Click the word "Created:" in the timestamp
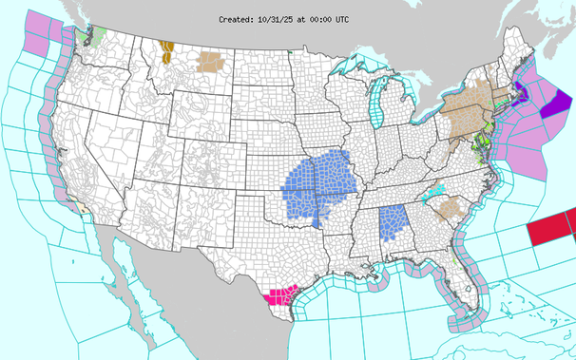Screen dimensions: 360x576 pyautogui.click(x=236, y=19)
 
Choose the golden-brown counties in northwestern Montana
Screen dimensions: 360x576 pyautogui.click(x=168, y=50)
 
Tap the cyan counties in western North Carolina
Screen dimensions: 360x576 pyautogui.click(x=434, y=193)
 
